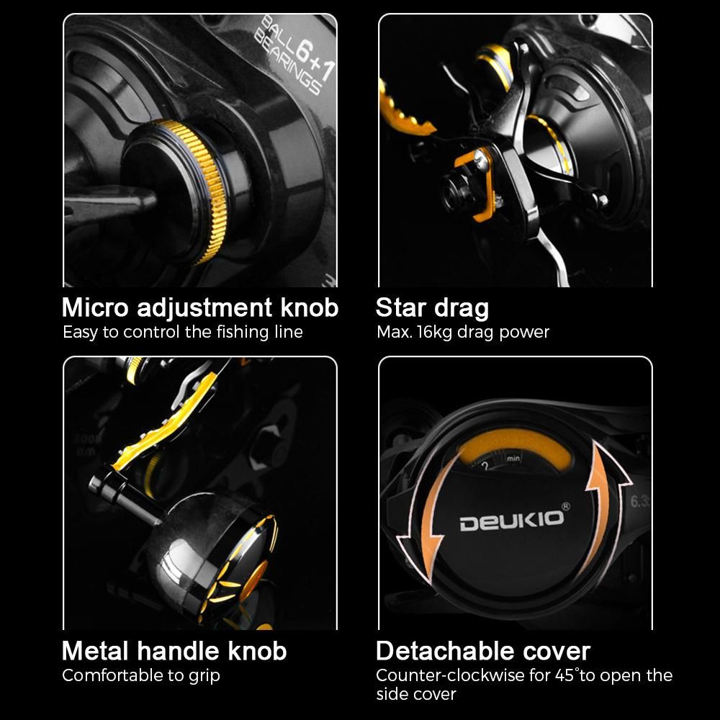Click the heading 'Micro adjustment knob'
pyautogui.click(x=199, y=308)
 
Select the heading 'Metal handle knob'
pyautogui.click(x=174, y=651)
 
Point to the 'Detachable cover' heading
pyautogui.click(x=483, y=651)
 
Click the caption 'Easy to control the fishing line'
pyautogui.click(x=183, y=332)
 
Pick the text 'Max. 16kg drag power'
pyautogui.click(x=463, y=332)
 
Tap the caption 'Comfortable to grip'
pyautogui.click(x=141, y=675)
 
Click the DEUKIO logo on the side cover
pyautogui.click(x=511, y=521)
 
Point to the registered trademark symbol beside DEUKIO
pyautogui.click(x=566, y=506)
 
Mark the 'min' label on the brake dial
pyautogui.click(x=513, y=458)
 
